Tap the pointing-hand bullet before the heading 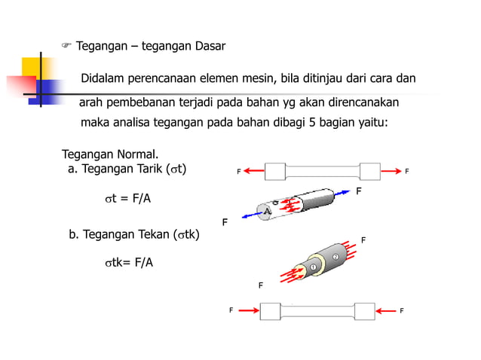66,47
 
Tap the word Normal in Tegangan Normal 139,156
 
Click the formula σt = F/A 127,198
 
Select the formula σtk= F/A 129,262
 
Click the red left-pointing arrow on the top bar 253,171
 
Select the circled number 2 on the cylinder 336,256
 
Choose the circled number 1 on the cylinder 312,267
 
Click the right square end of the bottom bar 364,310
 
